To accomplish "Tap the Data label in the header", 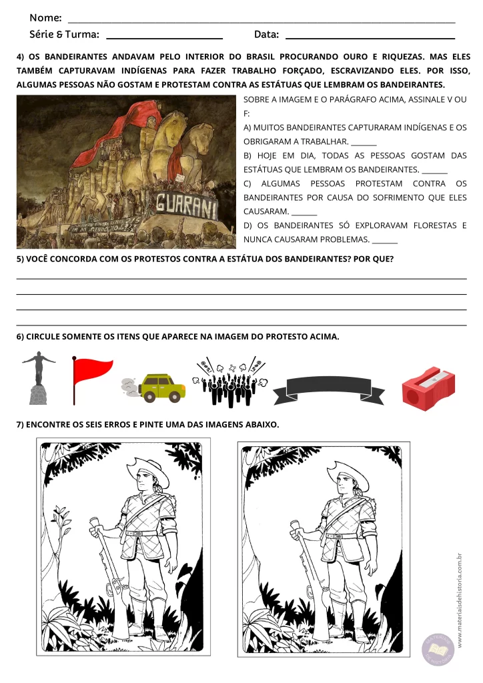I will [266, 34].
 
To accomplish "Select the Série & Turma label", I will [64, 34].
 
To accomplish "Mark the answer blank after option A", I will [364, 142].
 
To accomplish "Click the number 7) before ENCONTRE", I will [21, 425].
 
